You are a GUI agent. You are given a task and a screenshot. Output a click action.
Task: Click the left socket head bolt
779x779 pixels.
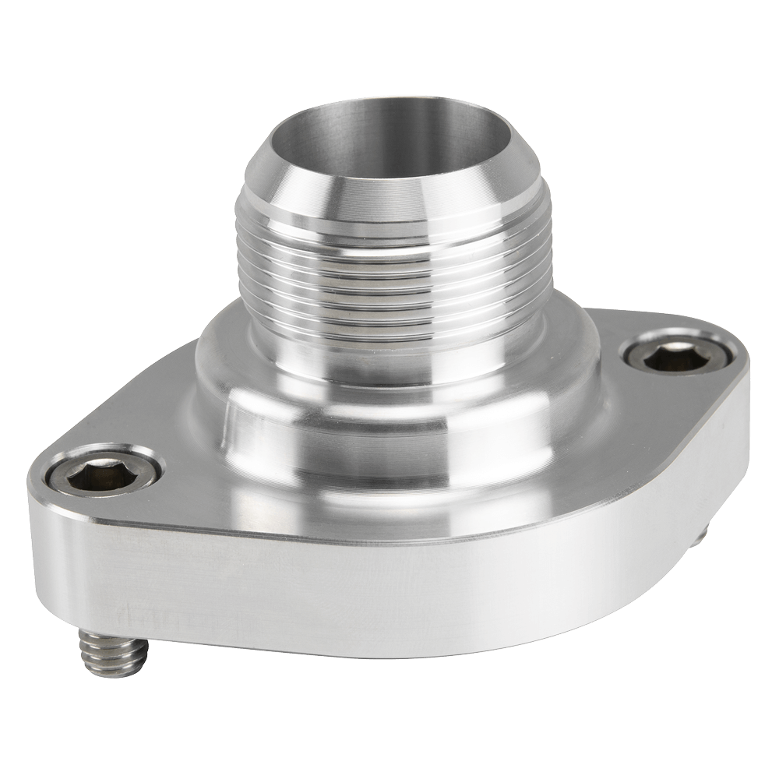point(104,469)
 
